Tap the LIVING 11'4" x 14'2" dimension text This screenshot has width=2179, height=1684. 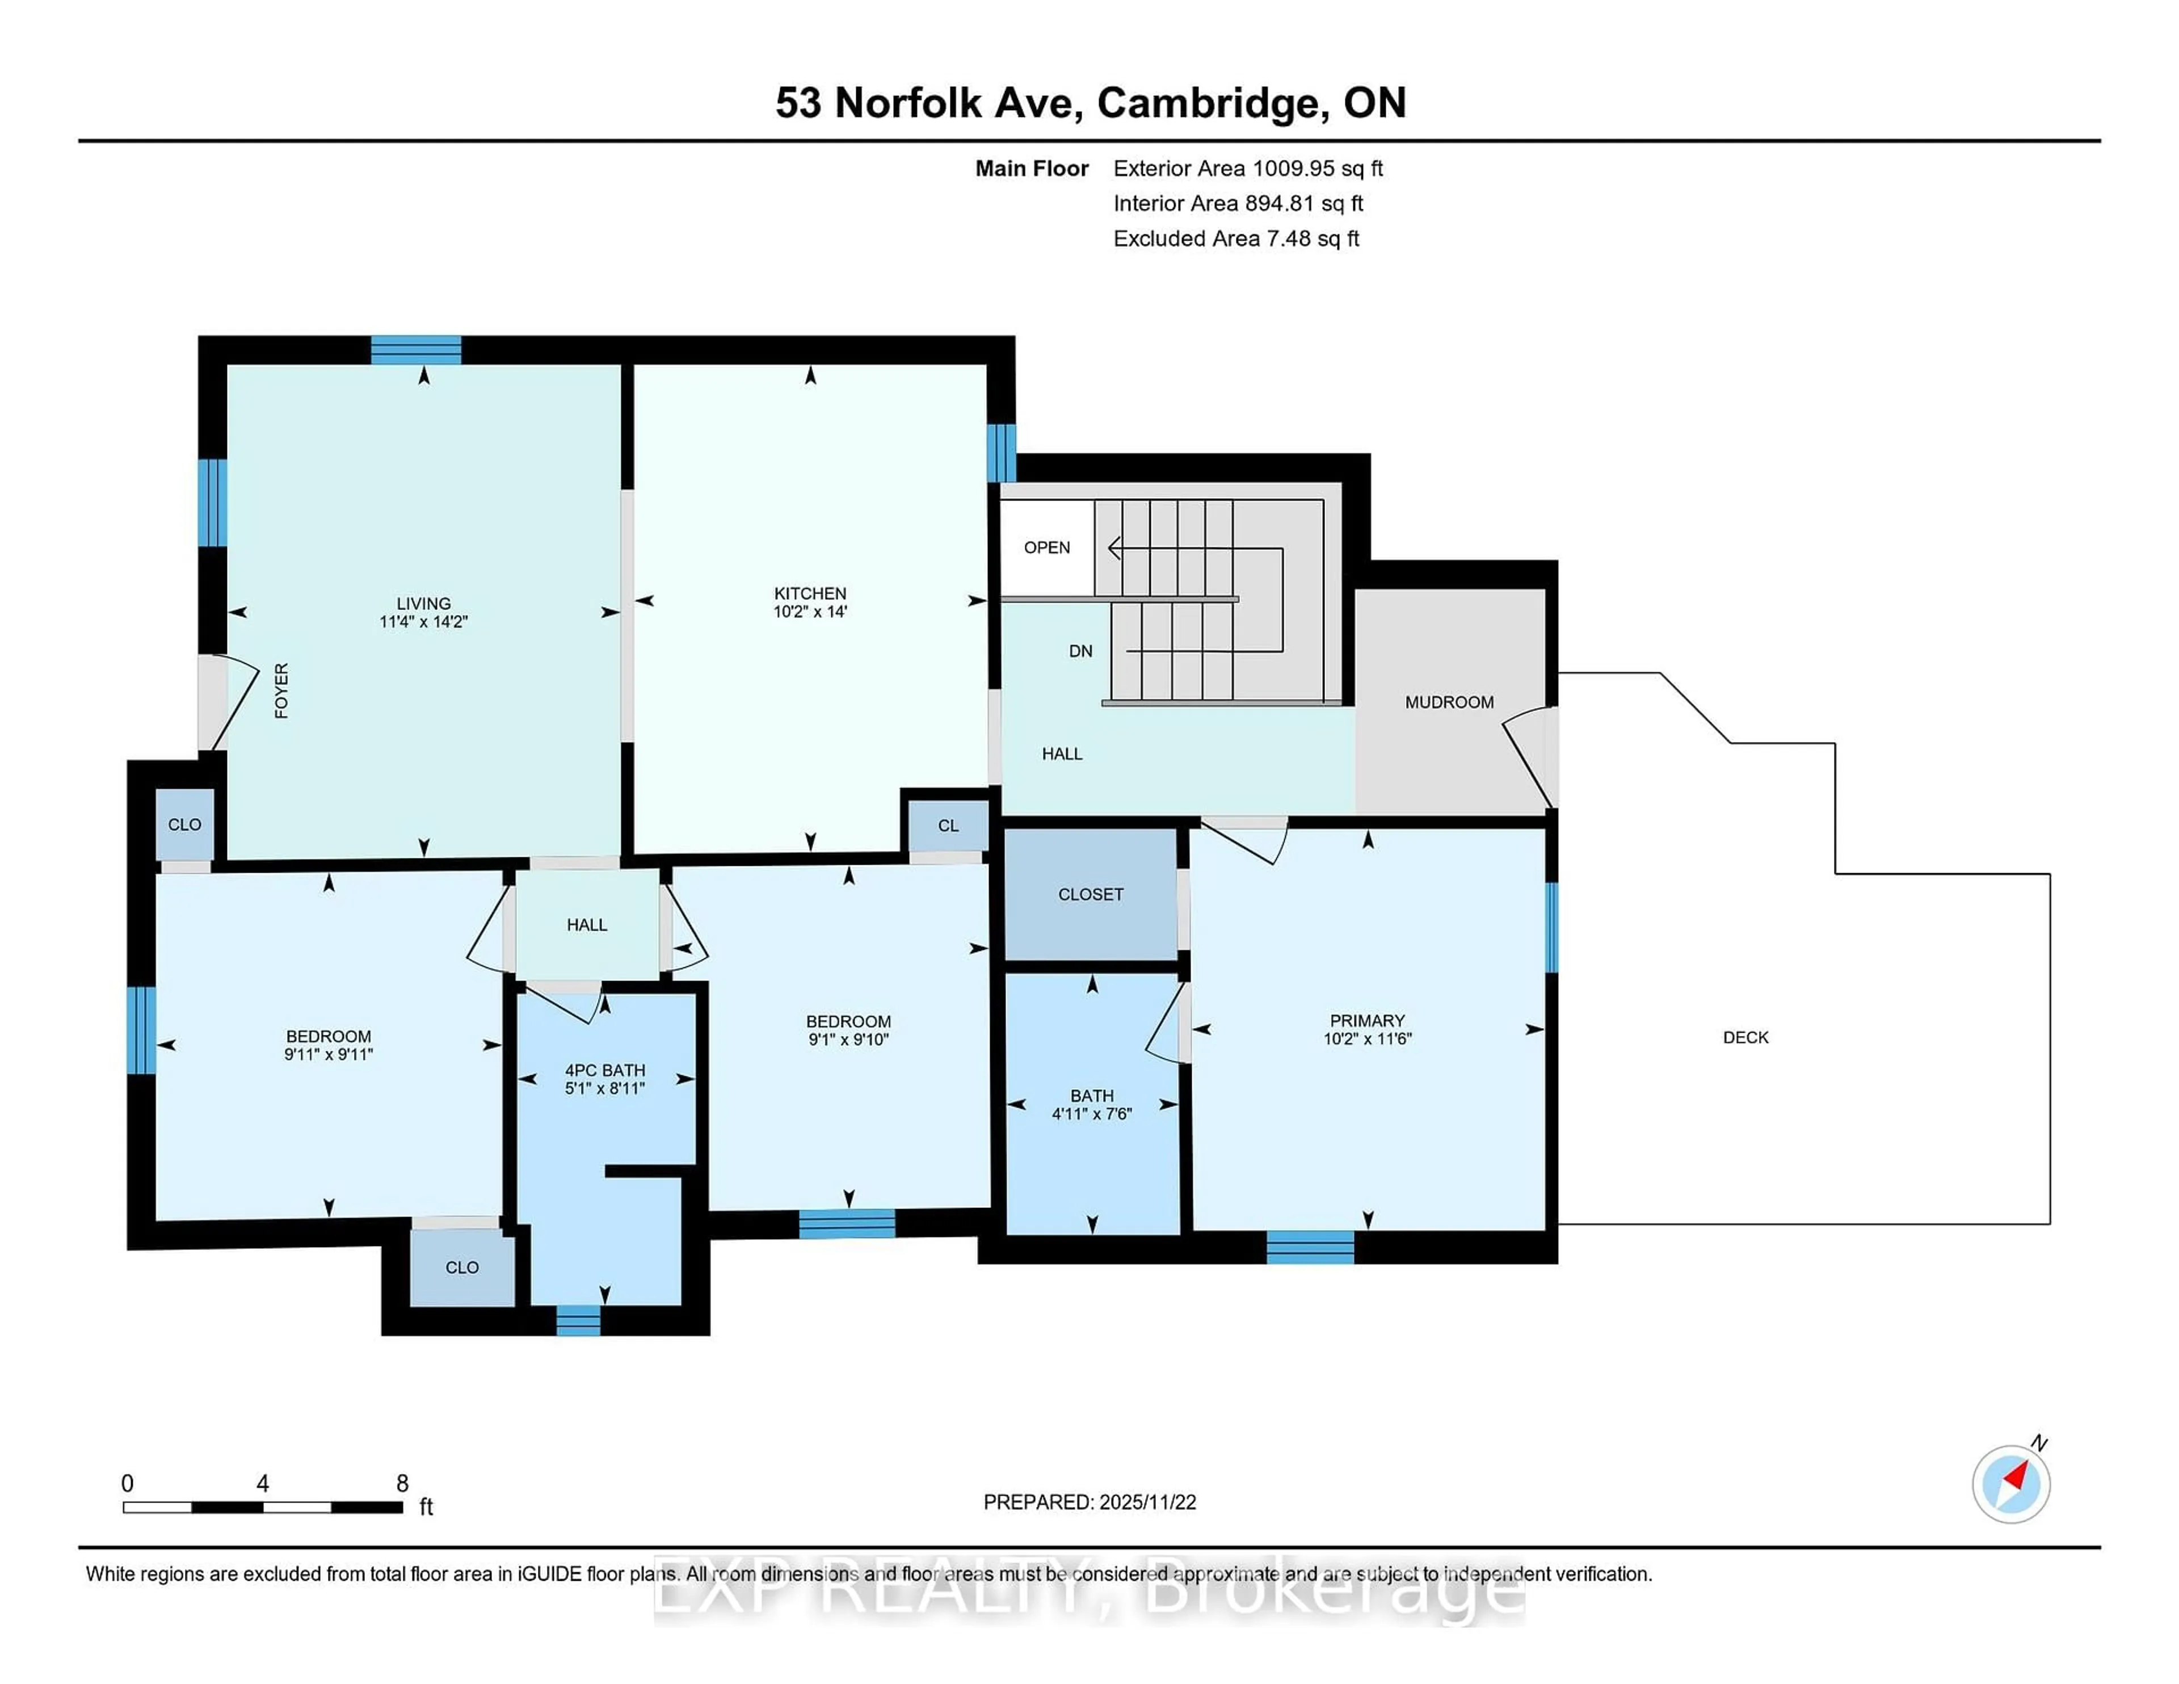[x=423, y=621]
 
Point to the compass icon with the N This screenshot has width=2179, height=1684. [x=2010, y=1484]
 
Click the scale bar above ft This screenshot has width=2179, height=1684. [x=262, y=1506]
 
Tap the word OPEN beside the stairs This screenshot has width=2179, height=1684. [x=1046, y=548]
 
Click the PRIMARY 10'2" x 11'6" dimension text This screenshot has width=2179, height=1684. [x=1367, y=1038]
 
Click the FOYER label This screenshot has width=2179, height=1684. [x=281, y=691]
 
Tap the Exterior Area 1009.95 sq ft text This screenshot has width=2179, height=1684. [x=1247, y=169]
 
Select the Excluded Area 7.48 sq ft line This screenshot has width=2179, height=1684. [x=1235, y=238]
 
